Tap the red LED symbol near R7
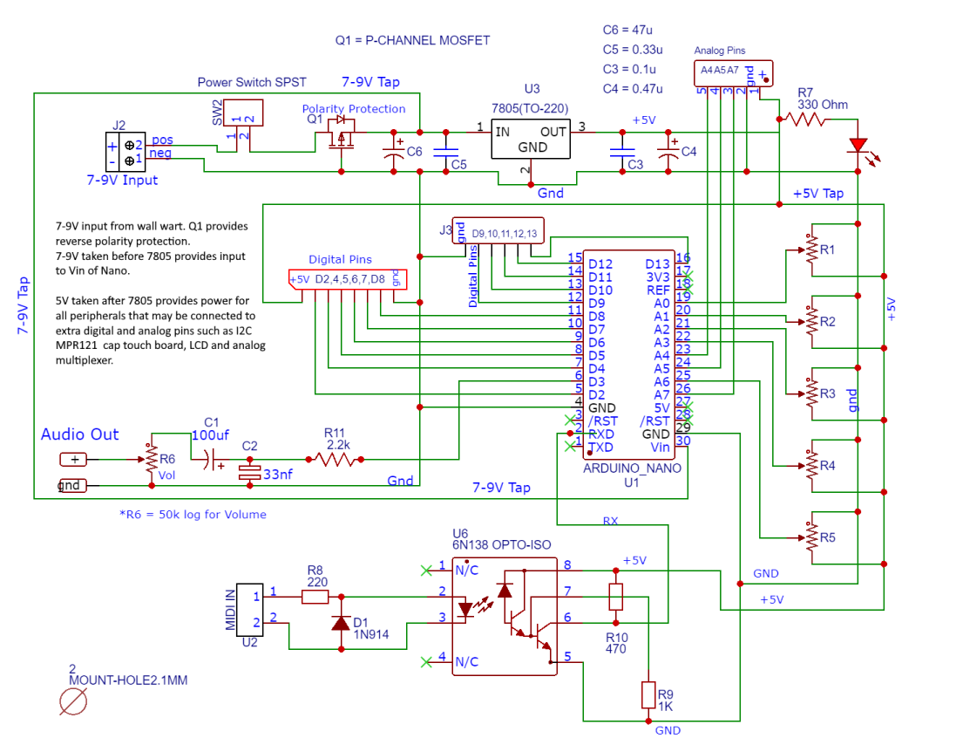[859, 147]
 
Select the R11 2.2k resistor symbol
[334, 458]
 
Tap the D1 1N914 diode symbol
[341, 623]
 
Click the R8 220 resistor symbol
[315, 597]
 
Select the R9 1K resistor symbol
[648, 695]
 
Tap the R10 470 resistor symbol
[615, 597]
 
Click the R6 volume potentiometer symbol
[150, 458]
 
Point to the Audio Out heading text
[79, 434]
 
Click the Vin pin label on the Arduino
[660, 448]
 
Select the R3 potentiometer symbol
[812, 394]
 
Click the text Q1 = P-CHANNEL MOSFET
[412, 40]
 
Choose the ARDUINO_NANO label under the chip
[632, 468]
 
